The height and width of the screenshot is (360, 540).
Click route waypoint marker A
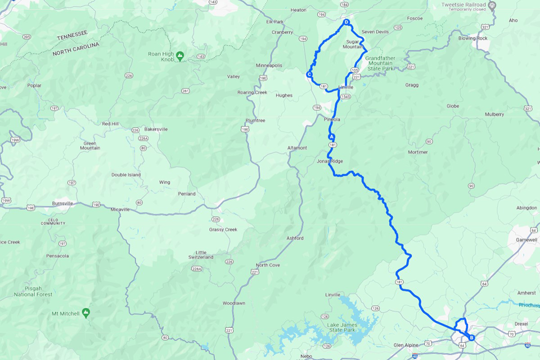pyautogui.click(x=331, y=136)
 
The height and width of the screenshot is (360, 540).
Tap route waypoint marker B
pyautogui.click(x=471, y=338)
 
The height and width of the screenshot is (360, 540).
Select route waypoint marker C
pyautogui.click(x=309, y=74)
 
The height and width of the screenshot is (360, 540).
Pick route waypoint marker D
pyautogui.click(x=346, y=22)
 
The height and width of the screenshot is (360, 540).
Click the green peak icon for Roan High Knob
pyautogui.click(x=180, y=54)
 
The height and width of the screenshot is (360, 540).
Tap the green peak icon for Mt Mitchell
pyautogui.click(x=86, y=312)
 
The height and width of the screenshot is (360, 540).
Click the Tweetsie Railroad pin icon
pyautogui.click(x=492, y=6)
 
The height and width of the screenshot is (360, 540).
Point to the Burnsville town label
pyautogui.click(x=62, y=203)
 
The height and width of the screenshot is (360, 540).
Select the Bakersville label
pyautogui.click(x=156, y=129)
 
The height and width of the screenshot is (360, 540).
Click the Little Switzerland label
pyautogui.click(x=201, y=255)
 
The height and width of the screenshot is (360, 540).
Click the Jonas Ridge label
pyautogui.click(x=329, y=161)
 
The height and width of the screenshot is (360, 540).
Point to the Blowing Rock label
pyautogui.click(x=472, y=38)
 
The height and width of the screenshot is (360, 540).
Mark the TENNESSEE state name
pyautogui.click(x=72, y=35)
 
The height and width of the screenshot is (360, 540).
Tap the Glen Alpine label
pyautogui.click(x=405, y=344)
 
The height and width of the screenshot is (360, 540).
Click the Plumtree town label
pyautogui.click(x=255, y=120)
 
